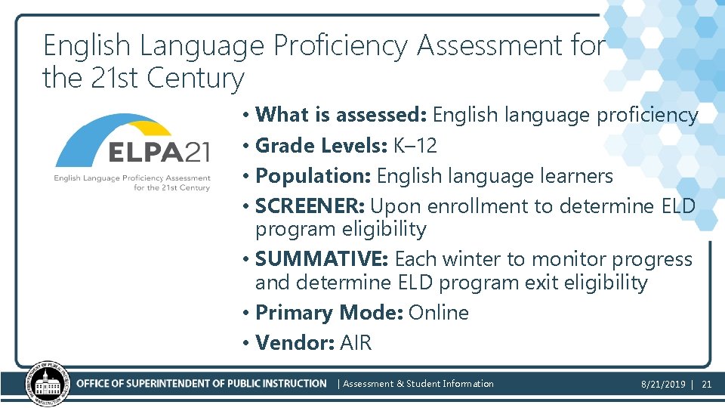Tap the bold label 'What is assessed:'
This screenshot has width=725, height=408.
(342, 115)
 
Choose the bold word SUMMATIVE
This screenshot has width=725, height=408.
(320, 259)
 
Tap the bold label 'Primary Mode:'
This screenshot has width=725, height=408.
(329, 313)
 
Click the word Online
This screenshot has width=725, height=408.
(439, 313)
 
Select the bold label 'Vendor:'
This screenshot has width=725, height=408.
(295, 343)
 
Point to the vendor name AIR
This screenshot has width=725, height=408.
(356, 343)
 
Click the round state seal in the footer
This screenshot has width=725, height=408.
(48, 383)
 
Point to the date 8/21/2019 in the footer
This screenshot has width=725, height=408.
(663, 385)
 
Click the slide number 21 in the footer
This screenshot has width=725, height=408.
(707, 385)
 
